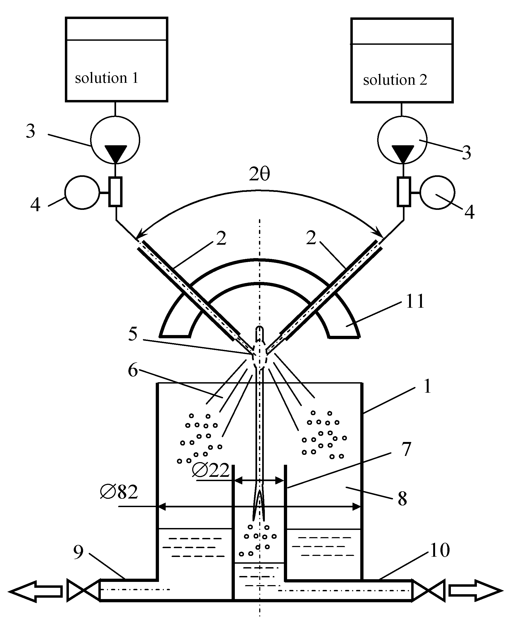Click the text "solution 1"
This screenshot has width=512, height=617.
106,78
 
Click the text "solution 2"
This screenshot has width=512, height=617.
395,80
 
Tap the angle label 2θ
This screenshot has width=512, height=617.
259,174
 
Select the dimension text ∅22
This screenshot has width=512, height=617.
210,470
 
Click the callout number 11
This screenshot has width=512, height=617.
415,301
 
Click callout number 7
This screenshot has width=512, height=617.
406,449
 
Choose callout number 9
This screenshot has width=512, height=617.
79,552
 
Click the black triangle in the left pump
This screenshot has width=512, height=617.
116,153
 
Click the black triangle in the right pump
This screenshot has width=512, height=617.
403,153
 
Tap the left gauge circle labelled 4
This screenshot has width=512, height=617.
82,192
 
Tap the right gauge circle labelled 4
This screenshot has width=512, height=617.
437,192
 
